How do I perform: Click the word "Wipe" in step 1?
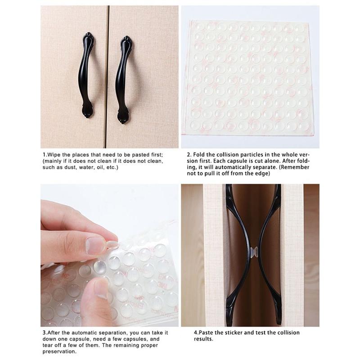tap(54, 155)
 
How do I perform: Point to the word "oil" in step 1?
tap(100, 167)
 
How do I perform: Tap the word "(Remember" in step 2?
tap(294, 167)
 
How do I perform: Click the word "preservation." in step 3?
tap(59, 351)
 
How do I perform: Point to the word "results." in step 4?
tap(203, 339)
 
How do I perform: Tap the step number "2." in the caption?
tap(189, 155)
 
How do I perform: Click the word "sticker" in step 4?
tap(234, 333)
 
